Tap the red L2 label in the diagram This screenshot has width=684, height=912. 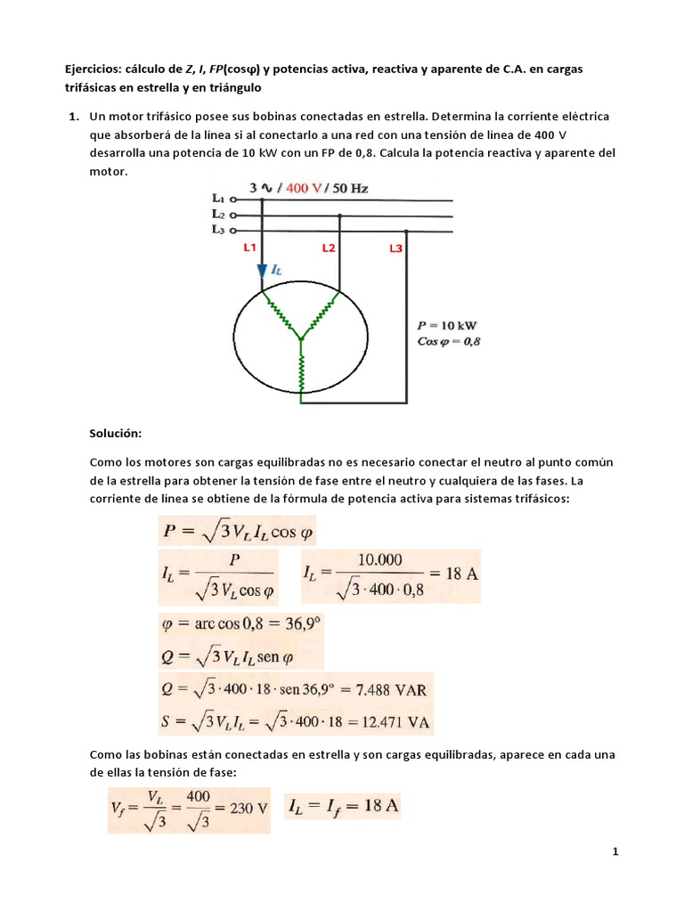tap(329, 248)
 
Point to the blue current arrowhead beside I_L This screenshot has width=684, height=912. tap(263, 272)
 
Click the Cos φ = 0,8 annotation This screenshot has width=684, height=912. tap(449, 341)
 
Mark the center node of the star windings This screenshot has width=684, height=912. tap(302, 338)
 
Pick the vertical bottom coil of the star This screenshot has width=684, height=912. tap(302, 370)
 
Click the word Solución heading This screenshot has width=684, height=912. tap(116, 433)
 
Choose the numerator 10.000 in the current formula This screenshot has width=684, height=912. tap(379, 560)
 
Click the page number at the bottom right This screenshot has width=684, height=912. tap(615, 852)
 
